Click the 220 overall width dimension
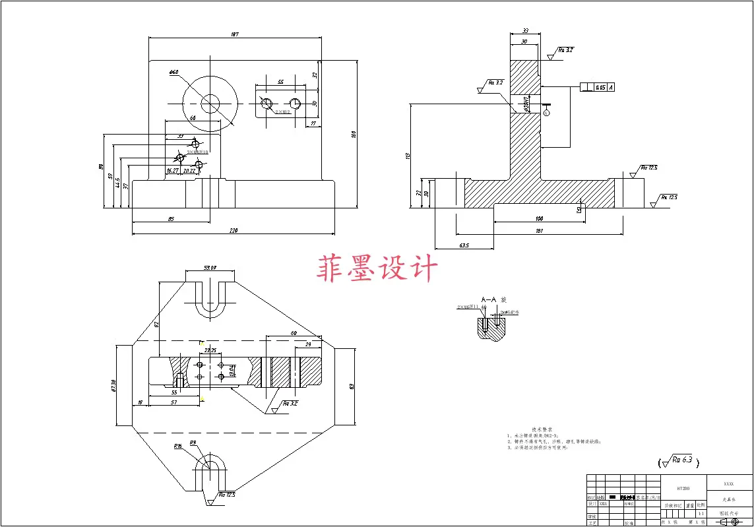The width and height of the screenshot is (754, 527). coord(234,230)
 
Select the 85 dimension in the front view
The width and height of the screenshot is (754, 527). coord(170,218)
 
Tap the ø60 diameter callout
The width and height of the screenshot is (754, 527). coord(173,73)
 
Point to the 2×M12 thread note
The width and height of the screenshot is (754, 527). coord(283,112)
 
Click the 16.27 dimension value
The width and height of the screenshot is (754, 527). coord(173,170)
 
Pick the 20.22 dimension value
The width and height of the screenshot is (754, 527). coord(189,170)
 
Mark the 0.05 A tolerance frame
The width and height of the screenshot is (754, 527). coord(597,87)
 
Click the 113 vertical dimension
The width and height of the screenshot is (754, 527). coord(408,156)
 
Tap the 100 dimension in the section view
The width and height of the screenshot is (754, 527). coord(539,218)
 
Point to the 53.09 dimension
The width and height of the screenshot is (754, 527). coord(210,268)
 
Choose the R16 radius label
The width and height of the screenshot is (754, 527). coord(177,447)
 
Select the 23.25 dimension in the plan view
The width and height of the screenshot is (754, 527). coord(211,350)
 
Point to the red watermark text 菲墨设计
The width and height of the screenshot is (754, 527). coord(377,269)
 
